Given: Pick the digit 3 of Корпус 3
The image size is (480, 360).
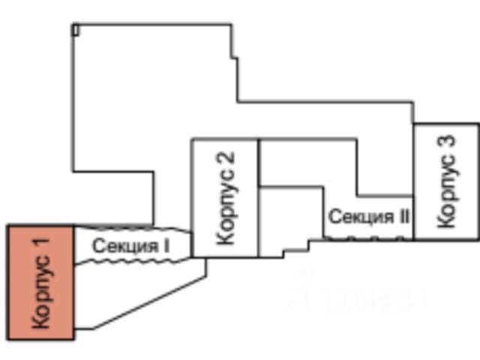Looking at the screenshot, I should pyautogui.click(x=446, y=142).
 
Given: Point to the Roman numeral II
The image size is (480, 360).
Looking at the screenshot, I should pyautogui.click(x=403, y=217).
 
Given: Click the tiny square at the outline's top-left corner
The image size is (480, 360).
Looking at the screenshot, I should pyautogui.click(x=76, y=29).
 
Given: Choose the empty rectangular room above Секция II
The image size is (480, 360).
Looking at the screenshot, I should pyautogui.click(x=307, y=161).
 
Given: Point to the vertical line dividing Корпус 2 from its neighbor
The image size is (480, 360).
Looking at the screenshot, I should pyautogui.click(x=259, y=199).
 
